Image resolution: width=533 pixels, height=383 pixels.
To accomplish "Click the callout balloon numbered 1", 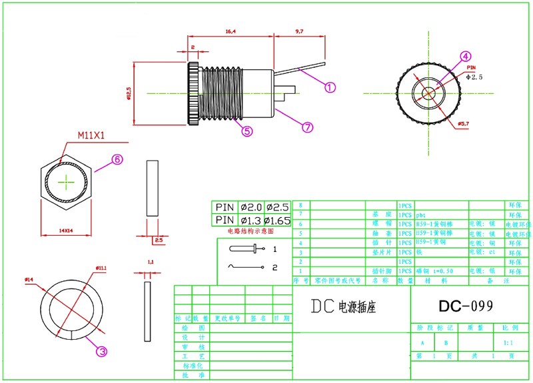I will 330,87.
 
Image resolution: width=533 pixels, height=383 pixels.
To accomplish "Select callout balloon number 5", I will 247,131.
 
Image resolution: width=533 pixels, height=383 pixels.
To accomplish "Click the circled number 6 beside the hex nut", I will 117,160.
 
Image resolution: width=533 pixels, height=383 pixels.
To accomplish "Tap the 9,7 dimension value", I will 298,31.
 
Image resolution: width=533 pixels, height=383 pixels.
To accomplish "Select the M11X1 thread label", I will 93,135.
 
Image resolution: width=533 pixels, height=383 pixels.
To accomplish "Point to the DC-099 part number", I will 466,306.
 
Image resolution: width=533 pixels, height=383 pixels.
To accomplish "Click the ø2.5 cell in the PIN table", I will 277,206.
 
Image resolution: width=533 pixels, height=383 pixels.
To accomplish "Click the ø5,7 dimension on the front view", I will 464,125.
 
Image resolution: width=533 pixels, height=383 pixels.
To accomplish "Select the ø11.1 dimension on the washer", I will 101,268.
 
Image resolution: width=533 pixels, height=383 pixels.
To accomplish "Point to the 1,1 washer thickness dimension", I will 149,262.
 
